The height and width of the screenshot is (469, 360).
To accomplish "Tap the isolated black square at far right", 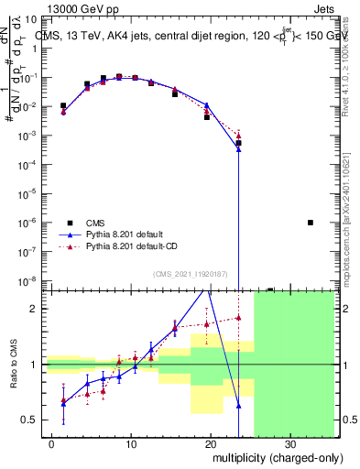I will click(311, 223).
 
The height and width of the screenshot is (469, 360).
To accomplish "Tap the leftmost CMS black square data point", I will click(63, 106).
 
